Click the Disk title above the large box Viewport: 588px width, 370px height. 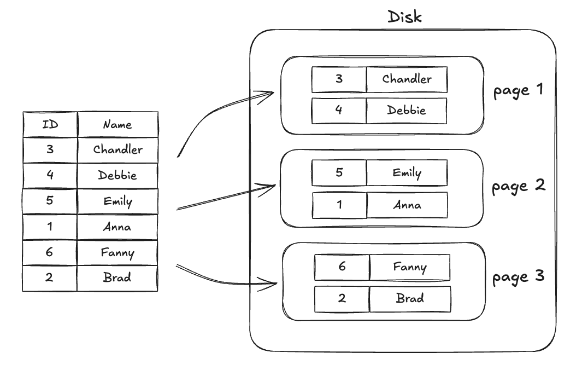click(404, 16)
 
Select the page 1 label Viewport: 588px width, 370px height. click(518, 90)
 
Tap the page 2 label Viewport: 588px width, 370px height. click(518, 186)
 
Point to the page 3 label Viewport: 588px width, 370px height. click(518, 277)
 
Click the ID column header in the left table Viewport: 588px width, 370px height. click(50, 124)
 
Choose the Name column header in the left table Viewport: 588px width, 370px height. click(117, 124)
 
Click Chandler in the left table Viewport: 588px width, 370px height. click(117, 149)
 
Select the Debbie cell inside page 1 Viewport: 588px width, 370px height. click(406, 111)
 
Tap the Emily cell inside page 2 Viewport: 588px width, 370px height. click(407, 173)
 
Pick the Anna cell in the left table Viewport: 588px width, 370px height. click(117, 227)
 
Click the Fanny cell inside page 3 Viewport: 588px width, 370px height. click(410, 267)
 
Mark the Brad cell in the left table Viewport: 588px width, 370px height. click(117, 277)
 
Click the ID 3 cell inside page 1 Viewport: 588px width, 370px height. click(339, 79)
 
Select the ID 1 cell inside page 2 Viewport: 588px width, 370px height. click(339, 205)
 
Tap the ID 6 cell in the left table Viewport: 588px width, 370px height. click(50, 252)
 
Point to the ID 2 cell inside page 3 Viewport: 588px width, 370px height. click(342, 299)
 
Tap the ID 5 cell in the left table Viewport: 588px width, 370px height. click(50, 201)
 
